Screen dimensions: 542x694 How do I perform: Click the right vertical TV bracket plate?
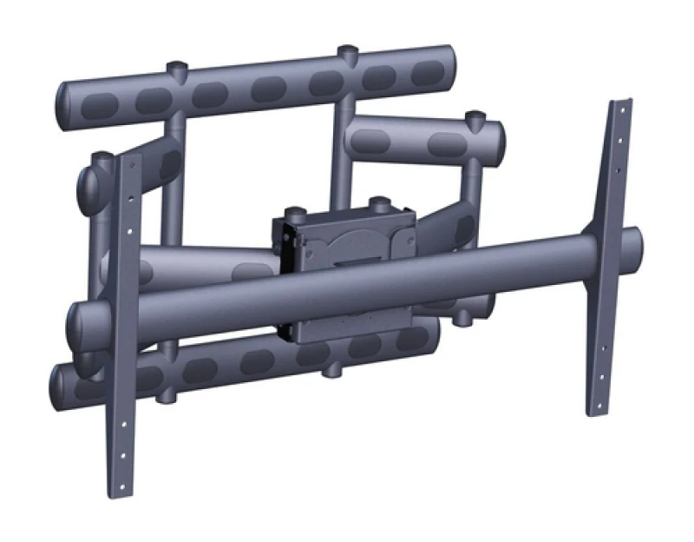tap(607, 261)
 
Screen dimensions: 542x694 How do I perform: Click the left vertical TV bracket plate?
tap(124, 330)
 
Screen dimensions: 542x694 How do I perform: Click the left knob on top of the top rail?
tap(176, 67)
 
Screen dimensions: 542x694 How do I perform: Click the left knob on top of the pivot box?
tap(296, 211)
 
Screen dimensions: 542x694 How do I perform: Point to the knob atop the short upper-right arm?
tap(474, 116)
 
